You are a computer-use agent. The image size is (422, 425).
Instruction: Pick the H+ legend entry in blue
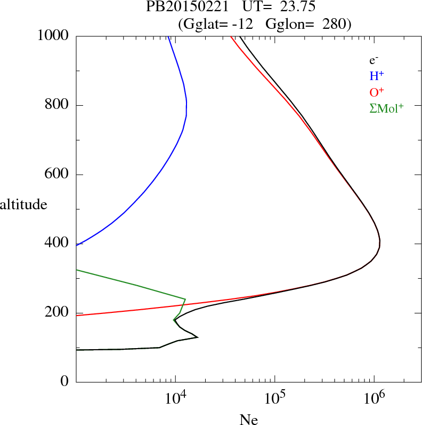(x=376, y=76)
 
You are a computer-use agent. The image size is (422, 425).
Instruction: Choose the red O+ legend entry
(x=377, y=92)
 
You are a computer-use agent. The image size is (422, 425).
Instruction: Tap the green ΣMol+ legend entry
(x=386, y=108)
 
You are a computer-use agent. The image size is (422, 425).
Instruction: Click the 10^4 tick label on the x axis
(x=176, y=399)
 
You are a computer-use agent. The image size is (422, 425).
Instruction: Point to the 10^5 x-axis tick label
(x=275, y=399)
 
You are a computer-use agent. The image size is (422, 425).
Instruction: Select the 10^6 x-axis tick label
(x=374, y=399)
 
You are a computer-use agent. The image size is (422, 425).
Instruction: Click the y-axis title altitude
(x=23, y=204)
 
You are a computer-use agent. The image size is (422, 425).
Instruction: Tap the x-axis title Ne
(x=248, y=419)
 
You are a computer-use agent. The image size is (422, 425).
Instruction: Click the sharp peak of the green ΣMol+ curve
(x=185, y=299)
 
